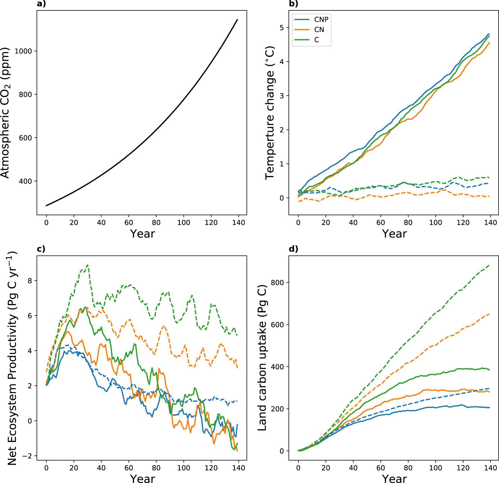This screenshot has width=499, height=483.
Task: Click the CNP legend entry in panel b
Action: point(321,20)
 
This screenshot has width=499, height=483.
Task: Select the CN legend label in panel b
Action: point(319,30)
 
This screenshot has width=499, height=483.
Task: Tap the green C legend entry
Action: point(317,40)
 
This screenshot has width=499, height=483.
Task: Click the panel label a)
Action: point(41,4)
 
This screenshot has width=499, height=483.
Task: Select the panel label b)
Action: point(293,4)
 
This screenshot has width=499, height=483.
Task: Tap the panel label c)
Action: point(41,249)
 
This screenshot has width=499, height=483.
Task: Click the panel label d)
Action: point(293,249)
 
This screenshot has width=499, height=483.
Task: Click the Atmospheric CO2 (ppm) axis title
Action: point(5,113)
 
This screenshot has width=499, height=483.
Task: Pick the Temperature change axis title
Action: point(270,113)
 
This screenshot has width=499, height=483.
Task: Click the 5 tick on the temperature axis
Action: point(282,28)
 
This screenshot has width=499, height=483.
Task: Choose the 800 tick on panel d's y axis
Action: point(277,283)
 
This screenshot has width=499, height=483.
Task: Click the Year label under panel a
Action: point(142,234)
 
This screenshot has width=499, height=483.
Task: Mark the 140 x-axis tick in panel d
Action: point(490,468)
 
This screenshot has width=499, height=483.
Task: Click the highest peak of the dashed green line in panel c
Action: point(87,265)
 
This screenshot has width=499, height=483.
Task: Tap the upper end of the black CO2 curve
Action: point(237,19)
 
